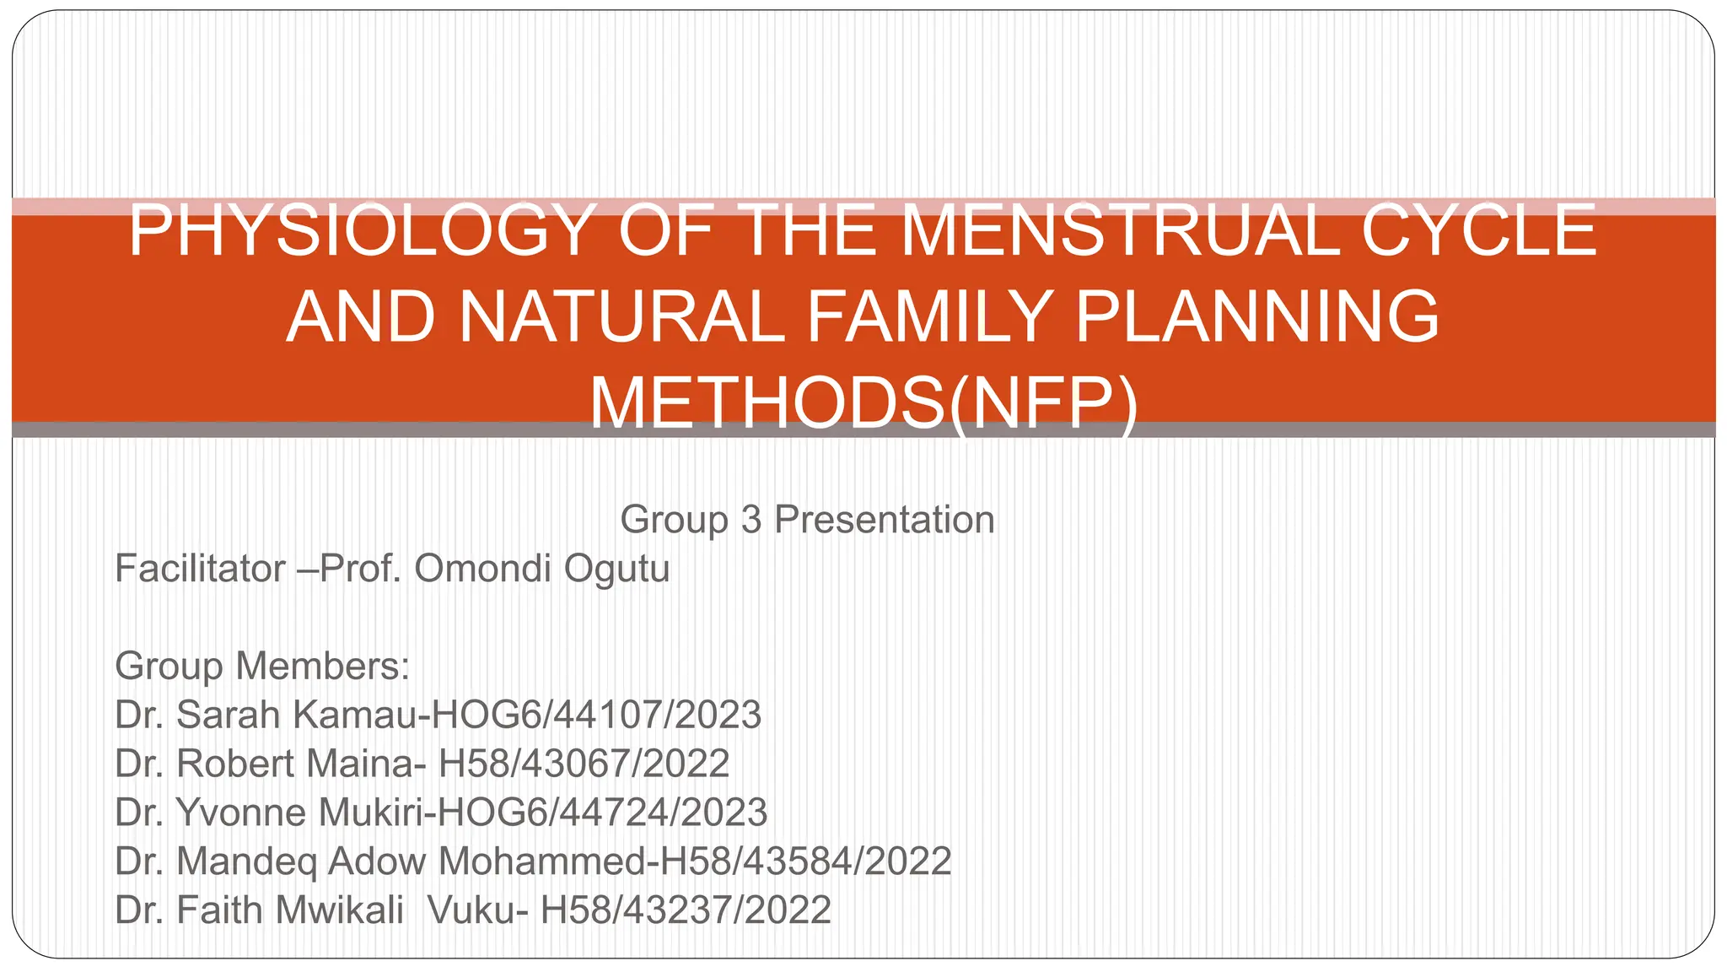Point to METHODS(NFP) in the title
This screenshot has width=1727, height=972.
863,403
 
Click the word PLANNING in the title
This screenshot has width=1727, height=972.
1256,317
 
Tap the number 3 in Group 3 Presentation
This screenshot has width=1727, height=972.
751,520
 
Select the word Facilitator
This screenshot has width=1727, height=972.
200,569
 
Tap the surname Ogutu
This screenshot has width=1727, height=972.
616,569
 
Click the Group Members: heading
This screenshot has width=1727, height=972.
262,667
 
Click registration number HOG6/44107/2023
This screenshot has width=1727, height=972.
595,715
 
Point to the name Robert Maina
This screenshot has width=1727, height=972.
295,764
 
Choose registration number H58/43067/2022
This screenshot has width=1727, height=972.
584,764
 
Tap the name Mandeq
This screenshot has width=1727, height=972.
246,862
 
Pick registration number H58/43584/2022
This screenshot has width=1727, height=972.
805,862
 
